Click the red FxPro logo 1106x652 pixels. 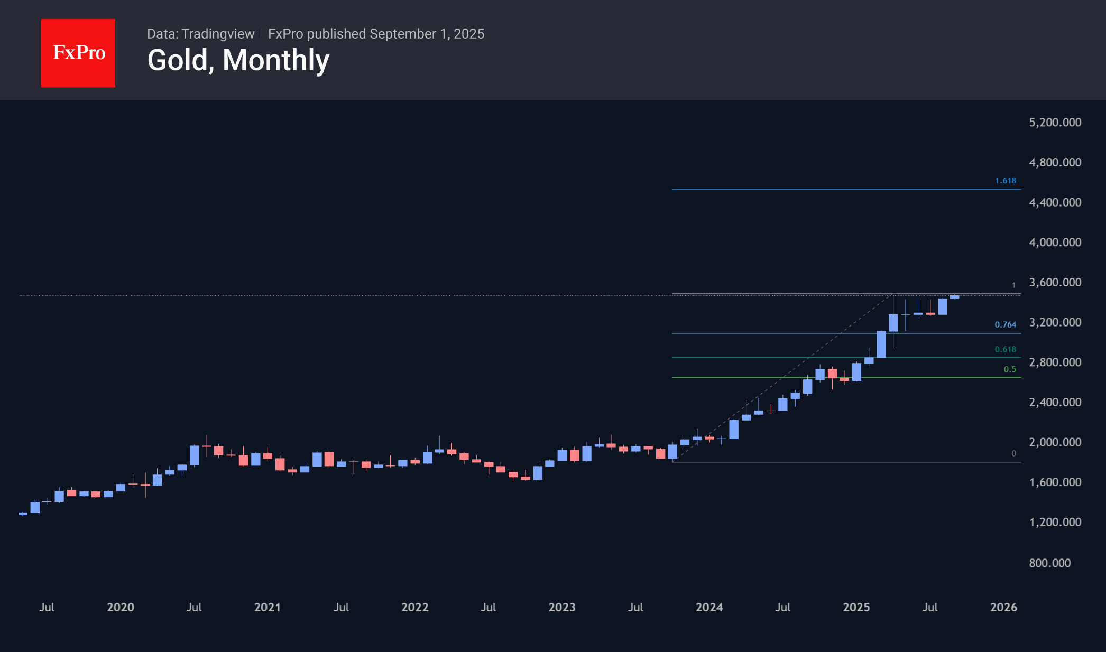coord(78,53)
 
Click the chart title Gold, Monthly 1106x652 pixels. coord(238,60)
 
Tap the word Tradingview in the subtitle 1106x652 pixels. coord(218,34)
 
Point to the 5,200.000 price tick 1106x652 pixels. coord(1055,123)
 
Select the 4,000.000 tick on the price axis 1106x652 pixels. coord(1055,243)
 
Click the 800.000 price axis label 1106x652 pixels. coord(1049,563)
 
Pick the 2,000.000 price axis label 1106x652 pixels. coord(1055,442)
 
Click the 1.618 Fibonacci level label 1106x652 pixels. coord(1005,181)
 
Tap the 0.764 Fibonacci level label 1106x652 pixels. coord(1005,324)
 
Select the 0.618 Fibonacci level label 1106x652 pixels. coord(1005,349)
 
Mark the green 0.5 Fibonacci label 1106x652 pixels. coord(1010,369)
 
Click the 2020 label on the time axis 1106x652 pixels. coord(121,607)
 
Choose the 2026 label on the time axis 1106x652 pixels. coord(1003,607)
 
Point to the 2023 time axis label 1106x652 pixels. coord(562,607)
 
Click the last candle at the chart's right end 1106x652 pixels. coord(954,297)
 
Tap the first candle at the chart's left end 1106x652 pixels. coord(23,514)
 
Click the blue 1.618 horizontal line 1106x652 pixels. coord(846,189)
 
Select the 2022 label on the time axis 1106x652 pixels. coord(414,607)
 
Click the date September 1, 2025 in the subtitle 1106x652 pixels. coord(427,34)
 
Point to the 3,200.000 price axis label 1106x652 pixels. coord(1055,322)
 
